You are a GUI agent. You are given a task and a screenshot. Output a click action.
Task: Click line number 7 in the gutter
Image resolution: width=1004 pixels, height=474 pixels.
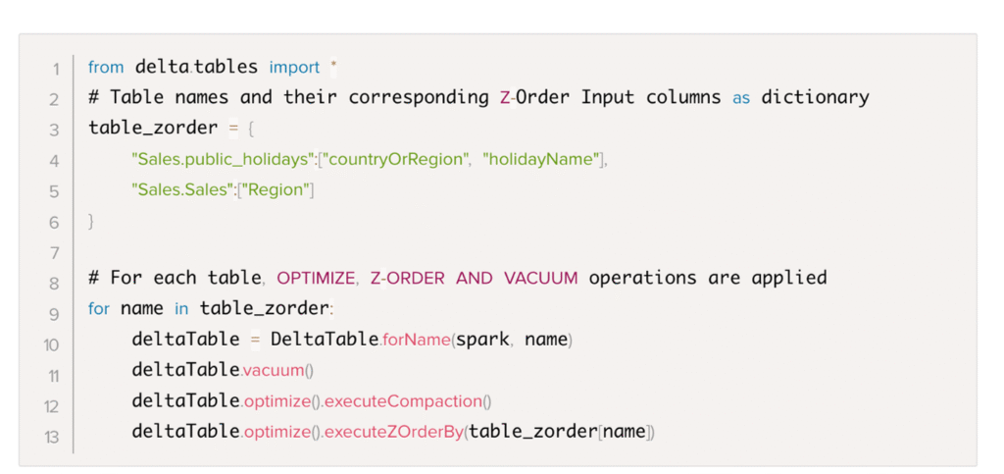(x=55, y=253)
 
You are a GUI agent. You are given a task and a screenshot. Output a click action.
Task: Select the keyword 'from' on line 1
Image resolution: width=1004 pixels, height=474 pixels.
(x=106, y=67)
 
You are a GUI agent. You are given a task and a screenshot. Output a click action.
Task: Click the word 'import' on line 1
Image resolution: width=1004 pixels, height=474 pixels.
(x=294, y=68)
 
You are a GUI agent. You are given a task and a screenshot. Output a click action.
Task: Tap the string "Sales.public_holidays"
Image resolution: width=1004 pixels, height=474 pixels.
(x=221, y=160)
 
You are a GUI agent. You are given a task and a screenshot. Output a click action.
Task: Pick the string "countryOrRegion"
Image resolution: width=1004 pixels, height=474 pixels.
(x=394, y=160)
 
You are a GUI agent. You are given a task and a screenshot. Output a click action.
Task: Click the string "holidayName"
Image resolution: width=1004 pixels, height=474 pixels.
(x=540, y=159)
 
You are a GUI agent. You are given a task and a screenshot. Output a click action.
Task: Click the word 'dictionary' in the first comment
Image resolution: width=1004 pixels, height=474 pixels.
(x=815, y=98)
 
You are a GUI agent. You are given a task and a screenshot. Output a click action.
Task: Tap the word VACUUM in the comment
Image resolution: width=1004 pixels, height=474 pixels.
(x=540, y=278)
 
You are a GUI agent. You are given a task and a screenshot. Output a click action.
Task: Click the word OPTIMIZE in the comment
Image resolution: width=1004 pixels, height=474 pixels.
(x=316, y=278)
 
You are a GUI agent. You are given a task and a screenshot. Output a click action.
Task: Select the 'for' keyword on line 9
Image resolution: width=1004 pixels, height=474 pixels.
(x=99, y=309)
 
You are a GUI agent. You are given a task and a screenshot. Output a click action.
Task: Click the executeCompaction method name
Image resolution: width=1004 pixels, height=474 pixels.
(x=403, y=401)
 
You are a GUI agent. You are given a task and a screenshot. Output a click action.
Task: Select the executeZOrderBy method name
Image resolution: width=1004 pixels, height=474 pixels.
(x=393, y=433)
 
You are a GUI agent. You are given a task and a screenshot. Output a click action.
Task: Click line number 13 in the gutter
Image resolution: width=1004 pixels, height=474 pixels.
(x=52, y=438)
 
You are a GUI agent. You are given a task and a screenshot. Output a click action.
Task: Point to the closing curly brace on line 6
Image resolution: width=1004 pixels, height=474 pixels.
(x=91, y=222)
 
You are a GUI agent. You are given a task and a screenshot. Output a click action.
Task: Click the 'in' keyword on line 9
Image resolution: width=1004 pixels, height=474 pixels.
(x=181, y=309)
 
